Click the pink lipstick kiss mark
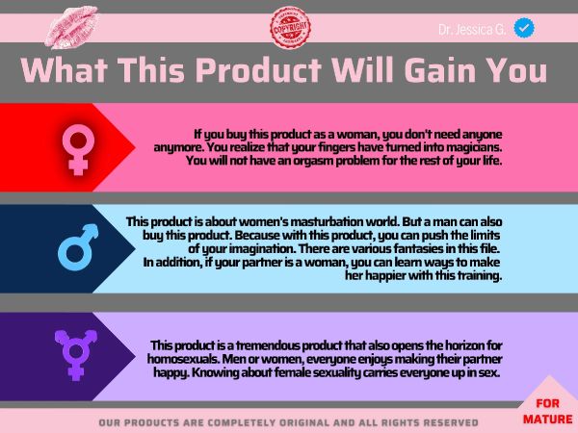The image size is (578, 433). (71, 27)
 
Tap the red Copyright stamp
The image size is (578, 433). (290, 28)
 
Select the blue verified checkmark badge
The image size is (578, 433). (524, 28)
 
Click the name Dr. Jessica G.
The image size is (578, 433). (472, 30)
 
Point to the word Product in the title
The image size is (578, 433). (257, 70)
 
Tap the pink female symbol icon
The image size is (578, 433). (78, 149)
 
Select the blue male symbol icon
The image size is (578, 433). (78, 247)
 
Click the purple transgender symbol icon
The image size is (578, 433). (76, 355)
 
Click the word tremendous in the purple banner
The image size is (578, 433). (268, 345)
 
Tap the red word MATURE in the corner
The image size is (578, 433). (548, 419)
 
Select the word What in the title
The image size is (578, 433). (65, 70)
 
